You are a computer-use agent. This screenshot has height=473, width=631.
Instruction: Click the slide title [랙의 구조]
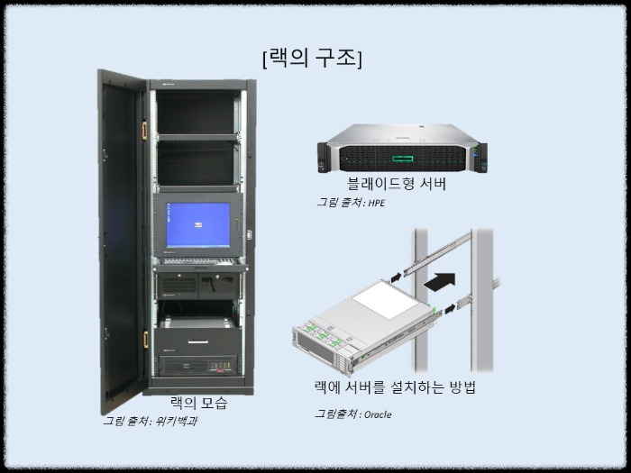pos(313,59)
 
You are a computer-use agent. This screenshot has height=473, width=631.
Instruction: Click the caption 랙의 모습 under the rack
pos(198,403)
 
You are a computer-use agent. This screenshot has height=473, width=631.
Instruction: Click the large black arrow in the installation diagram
pos(436,281)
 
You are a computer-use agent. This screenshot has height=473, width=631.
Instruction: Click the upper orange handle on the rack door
pos(142,130)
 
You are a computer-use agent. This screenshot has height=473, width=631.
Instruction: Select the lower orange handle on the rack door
pos(144,341)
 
